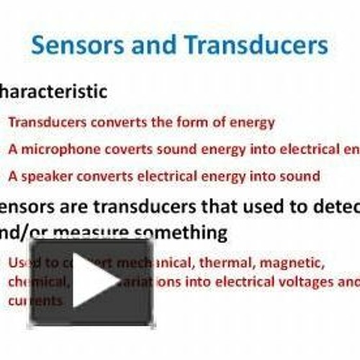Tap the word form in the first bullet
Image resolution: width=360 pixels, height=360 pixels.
tap(184, 122)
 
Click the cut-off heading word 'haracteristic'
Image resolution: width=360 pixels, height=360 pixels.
tap(54, 92)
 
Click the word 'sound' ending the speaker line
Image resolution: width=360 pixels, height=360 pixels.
tap(303, 176)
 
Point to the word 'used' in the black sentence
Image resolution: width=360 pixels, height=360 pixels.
tap(241, 207)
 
